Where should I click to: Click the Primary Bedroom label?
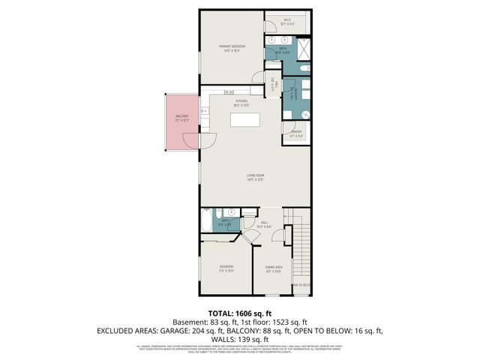[x=232, y=49]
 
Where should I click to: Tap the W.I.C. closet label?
[x=288, y=22]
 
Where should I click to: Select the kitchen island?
[x=245, y=120]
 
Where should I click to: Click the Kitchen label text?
[x=241, y=102]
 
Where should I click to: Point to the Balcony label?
[x=181, y=118]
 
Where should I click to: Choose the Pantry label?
[x=297, y=134]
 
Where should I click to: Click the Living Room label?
[x=256, y=177]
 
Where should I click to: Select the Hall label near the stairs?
[x=264, y=223]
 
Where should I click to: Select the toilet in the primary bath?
[x=298, y=70]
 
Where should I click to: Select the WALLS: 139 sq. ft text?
[x=240, y=339]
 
